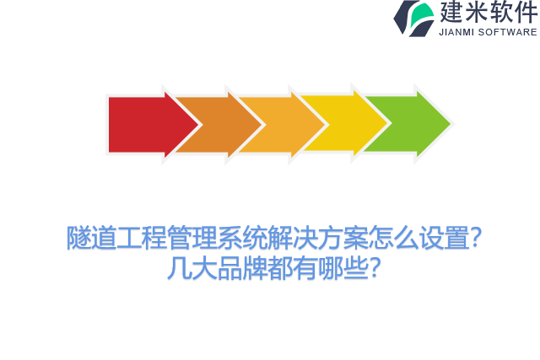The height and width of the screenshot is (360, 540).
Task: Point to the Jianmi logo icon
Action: pyautogui.click(x=414, y=18)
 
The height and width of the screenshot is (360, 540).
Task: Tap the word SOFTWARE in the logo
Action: pyautogui.click(x=508, y=32)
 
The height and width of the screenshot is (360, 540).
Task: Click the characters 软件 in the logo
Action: pyautogui.click(x=513, y=12)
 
